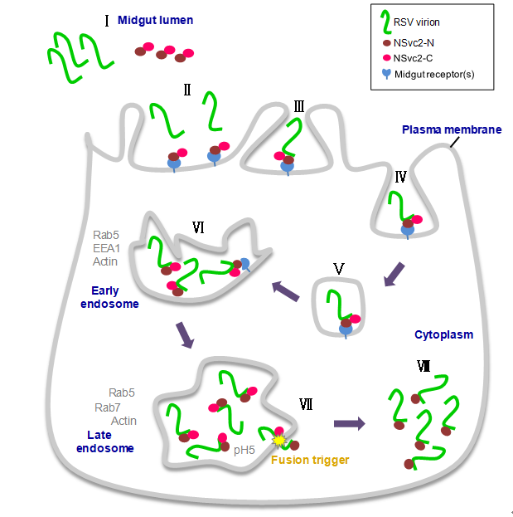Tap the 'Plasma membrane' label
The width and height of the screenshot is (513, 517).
pos(451,129)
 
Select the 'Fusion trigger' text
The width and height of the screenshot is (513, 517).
pos(309,460)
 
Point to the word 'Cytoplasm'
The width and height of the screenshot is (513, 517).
pos(443,334)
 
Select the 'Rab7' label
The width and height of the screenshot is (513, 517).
pos(123,407)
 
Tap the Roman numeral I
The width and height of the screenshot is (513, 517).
pos(107,19)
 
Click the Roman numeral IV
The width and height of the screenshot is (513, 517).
pos(400,176)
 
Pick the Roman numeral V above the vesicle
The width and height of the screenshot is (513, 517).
pos(337,267)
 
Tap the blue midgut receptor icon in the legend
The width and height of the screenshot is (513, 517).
pos(385,75)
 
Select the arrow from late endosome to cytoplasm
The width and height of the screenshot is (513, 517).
pos(348,423)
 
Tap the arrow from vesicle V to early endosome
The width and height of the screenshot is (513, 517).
pos(286,291)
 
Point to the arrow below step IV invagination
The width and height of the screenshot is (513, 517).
pos(394,274)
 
